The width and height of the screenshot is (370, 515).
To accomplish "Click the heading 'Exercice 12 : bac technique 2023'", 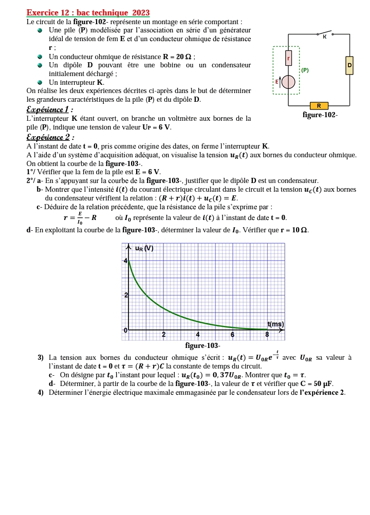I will click(x=88, y=13).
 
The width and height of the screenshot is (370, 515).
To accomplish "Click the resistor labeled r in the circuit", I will click(x=289, y=59).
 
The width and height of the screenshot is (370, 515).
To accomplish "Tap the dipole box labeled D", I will click(x=349, y=65).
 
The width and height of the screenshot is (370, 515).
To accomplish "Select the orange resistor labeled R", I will click(x=319, y=106).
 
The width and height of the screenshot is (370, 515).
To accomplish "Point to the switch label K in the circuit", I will click(x=324, y=37).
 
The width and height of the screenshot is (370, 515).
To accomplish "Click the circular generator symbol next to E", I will click(x=289, y=82).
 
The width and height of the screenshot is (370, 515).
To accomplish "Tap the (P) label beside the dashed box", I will click(x=305, y=70).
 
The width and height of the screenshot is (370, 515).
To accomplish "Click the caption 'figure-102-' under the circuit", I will click(x=320, y=115).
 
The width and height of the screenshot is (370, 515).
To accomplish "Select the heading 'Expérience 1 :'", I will click(x=49, y=109).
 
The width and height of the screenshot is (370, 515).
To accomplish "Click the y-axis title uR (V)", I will click(x=144, y=249).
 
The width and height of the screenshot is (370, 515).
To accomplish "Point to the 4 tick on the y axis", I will click(x=125, y=261).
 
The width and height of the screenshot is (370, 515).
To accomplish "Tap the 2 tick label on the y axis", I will click(x=125, y=295).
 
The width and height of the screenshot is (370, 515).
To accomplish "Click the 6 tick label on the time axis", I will click(x=232, y=335).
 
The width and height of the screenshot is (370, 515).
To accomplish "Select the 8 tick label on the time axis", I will click(x=267, y=335).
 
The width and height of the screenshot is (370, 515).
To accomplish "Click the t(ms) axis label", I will click(x=275, y=324).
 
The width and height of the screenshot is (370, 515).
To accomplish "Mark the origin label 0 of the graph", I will click(x=125, y=330).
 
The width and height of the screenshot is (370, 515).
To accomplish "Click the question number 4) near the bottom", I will click(x=40, y=393).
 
